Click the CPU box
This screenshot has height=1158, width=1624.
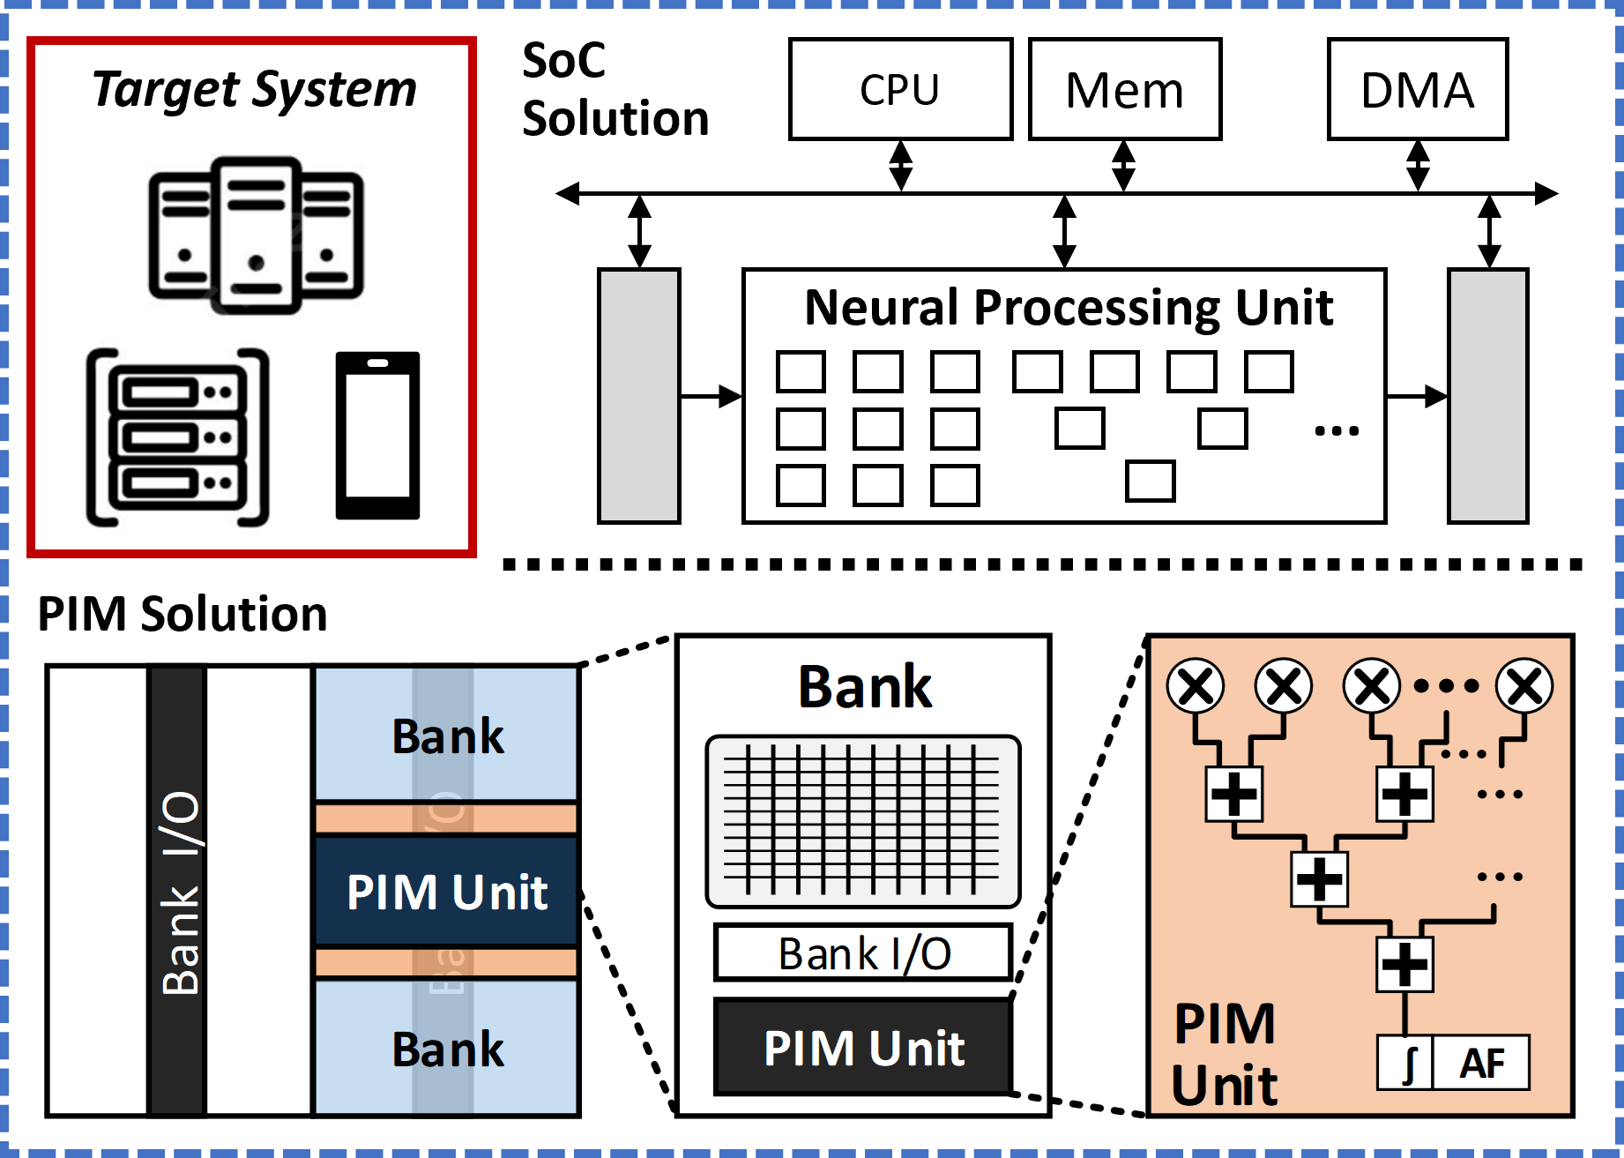[x=900, y=89]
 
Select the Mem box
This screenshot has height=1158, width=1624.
[x=1125, y=89]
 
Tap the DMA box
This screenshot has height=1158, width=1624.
[x=1417, y=89]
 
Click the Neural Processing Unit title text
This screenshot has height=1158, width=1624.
[x=1069, y=308]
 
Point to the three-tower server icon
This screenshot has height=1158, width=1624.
[x=255, y=235]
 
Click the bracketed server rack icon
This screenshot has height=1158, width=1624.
[x=175, y=438]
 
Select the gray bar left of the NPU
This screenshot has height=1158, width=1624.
[x=638, y=396]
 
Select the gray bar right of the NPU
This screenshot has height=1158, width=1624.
[x=1487, y=396]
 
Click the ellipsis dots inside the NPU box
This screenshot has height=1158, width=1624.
[x=1337, y=431]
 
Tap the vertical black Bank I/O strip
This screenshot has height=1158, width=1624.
[x=179, y=891]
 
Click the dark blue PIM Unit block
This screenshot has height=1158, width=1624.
[x=446, y=891]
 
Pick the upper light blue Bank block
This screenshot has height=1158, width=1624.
[x=446, y=735]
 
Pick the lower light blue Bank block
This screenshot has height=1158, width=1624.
[x=446, y=1048]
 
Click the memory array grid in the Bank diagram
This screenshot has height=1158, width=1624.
[x=863, y=821]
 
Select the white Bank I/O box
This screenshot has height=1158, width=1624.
[x=863, y=953]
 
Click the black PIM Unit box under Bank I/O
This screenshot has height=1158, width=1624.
[x=863, y=1047]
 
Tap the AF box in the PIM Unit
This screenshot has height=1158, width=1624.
[x=1481, y=1063]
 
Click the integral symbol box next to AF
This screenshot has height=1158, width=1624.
[x=1406, y=1063]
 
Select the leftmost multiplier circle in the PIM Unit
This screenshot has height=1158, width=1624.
[x=1196, y=685]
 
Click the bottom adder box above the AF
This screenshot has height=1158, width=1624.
[x=1404, y=964]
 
